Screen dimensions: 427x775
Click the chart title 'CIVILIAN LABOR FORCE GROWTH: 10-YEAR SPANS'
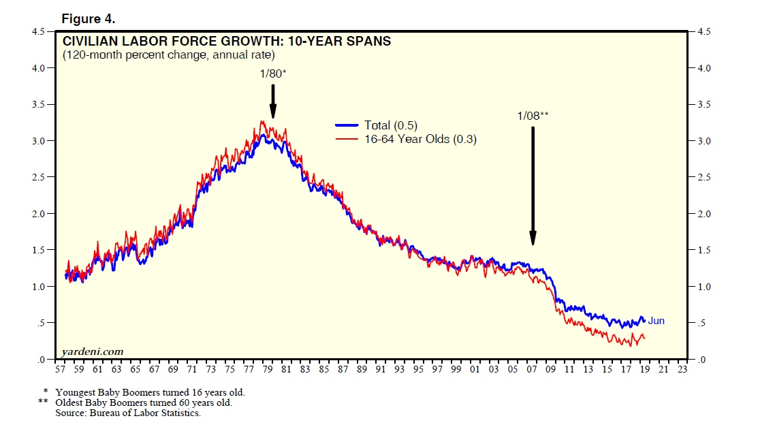tap(227, 42)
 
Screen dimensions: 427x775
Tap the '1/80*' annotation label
tap(273, 74)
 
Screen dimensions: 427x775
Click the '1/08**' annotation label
tap(533, 116)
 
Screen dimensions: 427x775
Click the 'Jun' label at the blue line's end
tap(656, 321)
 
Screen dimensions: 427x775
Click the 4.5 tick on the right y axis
tap(703, 31)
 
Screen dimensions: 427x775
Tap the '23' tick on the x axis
tap(682, 369)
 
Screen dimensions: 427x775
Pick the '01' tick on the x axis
tap(475, 369)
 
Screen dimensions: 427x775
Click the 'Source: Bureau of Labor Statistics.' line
tap(128, 412)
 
